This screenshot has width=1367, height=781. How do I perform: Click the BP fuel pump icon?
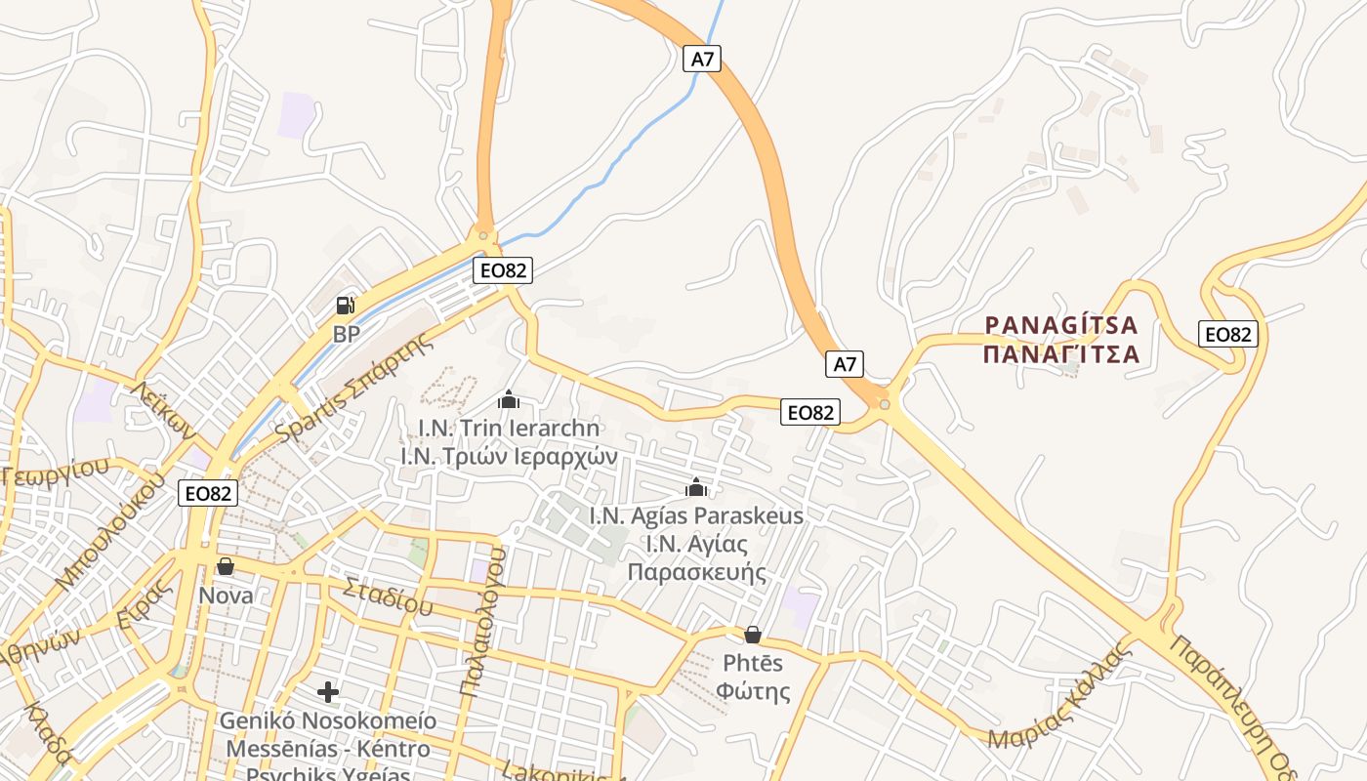click(x=346, y=306)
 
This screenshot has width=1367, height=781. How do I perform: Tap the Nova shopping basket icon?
click(x=226, y=566)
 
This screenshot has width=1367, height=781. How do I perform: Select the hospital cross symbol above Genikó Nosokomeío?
click(x=328, y=692)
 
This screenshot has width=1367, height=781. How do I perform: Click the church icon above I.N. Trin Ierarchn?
click(x=508, y=399)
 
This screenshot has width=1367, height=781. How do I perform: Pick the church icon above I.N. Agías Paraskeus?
click(x=696, y=487)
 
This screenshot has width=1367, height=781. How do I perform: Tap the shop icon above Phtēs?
click(x=753, y=635)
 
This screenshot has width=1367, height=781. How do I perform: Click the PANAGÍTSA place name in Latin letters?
click(x=1061, y=325)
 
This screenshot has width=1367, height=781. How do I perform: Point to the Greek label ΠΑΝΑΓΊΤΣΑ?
click(x=1061, y=353)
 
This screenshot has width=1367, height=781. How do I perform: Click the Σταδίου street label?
click(x=387, y=596)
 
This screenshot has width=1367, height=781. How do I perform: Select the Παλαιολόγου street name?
click(x=484, y=621)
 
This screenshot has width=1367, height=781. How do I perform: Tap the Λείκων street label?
click(x=163, y=410)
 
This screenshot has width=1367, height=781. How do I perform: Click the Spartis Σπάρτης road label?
click(x=353, y=389)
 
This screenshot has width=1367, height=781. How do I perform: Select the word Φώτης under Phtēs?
click(x=753, y=691)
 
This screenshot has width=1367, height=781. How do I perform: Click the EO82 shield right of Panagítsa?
click(x=1228, y=334)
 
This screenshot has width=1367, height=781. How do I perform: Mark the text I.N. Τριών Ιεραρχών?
click(x=509, y=455)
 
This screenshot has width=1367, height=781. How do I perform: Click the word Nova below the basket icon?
click(x=226, y=596)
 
